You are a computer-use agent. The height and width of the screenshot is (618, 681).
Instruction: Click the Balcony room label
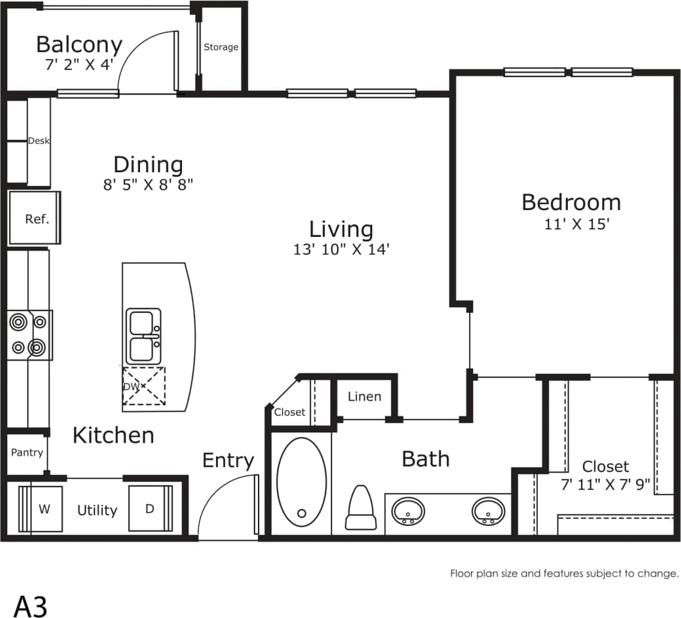click(79, 45)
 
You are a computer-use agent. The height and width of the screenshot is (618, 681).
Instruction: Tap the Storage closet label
click(221, 47)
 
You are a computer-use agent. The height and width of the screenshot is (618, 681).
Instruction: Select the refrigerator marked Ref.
click(37, 218)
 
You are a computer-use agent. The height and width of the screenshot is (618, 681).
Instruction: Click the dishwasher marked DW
click(144, 386)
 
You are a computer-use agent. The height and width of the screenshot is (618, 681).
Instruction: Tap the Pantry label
click(27, 452)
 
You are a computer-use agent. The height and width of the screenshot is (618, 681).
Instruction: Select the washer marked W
click(44, 509)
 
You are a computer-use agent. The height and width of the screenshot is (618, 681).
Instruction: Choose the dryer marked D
click(150, 509)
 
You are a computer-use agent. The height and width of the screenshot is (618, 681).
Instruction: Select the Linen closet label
click(364, 397)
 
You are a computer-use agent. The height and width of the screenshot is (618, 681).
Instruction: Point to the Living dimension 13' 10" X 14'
click(341, 249)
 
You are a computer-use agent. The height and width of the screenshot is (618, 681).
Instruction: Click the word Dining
click(148, 164)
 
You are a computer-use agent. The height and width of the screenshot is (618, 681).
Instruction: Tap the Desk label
click(39, 141)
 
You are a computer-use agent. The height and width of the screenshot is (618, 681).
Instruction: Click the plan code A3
click(31, 605)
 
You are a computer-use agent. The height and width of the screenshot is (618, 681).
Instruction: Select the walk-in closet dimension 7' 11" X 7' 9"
click(605, 484)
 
